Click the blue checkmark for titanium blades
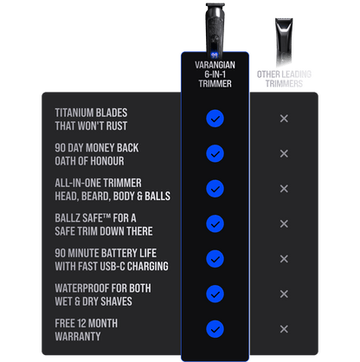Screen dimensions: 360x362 coord(215,119)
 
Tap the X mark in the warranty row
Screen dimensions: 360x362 coord(284,329)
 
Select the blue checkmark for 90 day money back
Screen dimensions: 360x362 coord(215,153)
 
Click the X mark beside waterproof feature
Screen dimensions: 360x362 coord(284,294)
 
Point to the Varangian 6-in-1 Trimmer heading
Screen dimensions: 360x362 coord(215,74)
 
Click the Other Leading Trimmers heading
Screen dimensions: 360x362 coord(284,79)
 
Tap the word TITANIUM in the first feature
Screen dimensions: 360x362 coord(73,113)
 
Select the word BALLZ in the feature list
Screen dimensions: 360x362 coord(67,218)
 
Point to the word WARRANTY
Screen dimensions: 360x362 coord(78,336)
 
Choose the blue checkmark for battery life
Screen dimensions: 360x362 coord(215,259)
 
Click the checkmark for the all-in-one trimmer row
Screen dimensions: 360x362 coord(215,189)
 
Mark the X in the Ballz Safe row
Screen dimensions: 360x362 coord(284,223)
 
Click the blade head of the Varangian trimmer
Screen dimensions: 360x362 coord(215,6)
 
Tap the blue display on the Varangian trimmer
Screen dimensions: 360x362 coord(214,55)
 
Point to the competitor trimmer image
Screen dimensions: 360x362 coord(284,42)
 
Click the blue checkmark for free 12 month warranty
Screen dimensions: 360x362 coord(215,329)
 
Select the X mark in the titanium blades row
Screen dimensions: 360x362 coord(284,119)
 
